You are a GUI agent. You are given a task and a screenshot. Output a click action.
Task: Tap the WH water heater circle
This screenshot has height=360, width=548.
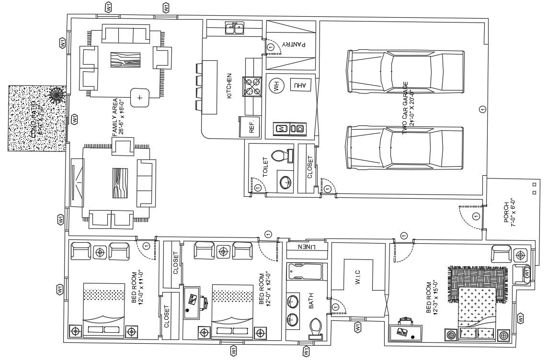click(276, 86)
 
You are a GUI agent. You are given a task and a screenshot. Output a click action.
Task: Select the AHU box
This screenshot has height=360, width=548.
click(300, 85)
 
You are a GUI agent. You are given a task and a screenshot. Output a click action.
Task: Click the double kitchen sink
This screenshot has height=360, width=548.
click(235, 29)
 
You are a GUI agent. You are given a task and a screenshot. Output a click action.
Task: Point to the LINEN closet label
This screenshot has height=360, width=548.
click(307, 247)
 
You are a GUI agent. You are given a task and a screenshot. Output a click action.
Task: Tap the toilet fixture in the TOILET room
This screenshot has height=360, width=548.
click(280, 156)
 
